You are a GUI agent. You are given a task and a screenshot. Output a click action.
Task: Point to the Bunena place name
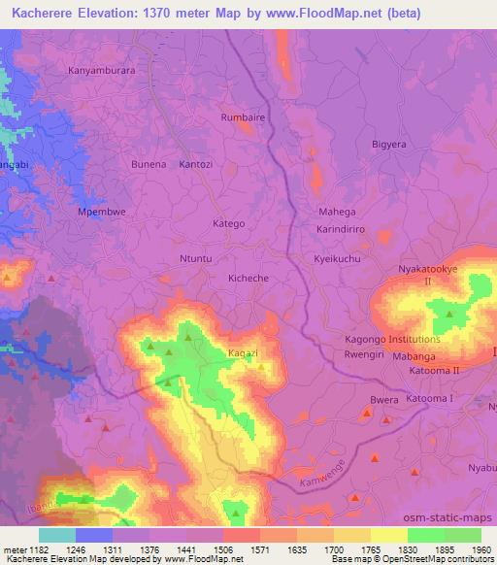point(149,165)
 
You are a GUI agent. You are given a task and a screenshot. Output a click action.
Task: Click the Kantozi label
point(195,165)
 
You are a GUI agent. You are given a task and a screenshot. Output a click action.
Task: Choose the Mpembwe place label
point(101,211)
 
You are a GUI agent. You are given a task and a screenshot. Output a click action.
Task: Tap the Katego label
point(228,223)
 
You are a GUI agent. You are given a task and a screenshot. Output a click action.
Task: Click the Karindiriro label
point(340,231)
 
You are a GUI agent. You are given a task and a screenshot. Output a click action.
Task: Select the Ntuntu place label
point(195,260)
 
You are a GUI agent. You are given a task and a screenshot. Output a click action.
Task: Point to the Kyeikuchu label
point(337,260)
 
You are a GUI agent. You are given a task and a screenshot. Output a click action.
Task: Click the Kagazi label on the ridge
point(242,353)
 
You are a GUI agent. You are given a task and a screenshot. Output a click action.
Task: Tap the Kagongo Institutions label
point(392,340)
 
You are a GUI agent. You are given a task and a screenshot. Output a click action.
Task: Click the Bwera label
point(384,399)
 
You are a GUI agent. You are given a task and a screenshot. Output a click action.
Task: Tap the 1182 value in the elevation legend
point(39,549)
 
